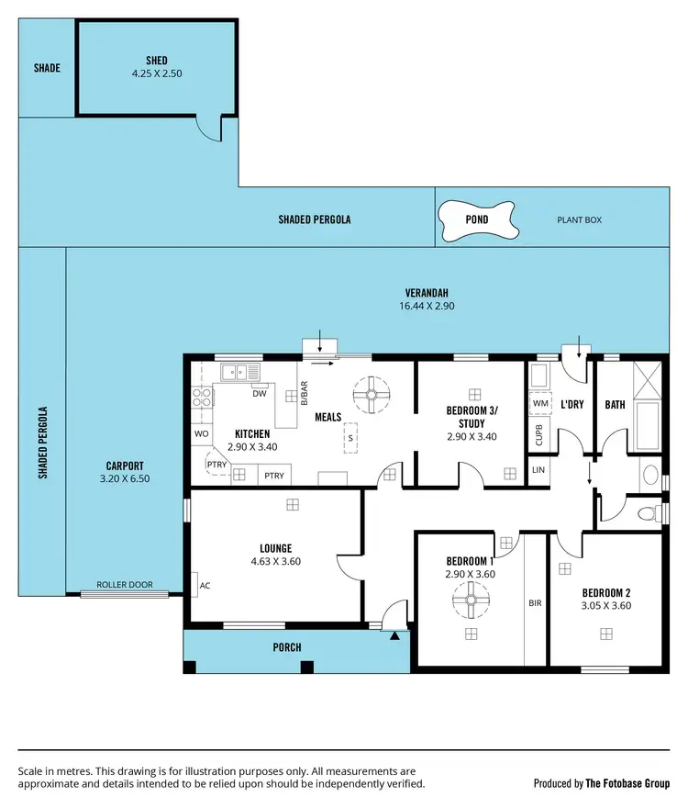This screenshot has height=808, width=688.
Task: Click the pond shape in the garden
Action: pos(476,219)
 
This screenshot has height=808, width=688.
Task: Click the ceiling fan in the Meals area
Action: pos(372,396)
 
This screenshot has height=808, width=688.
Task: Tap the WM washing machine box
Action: pos(540,403)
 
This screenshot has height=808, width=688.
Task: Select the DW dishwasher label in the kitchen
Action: pos(260,394)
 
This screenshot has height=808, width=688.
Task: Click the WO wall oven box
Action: pos(200,433)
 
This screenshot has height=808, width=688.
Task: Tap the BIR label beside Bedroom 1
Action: pos(535,605)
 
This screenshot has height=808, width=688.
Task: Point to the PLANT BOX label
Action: pos(579,220)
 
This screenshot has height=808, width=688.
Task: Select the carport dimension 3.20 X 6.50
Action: pos(124,478)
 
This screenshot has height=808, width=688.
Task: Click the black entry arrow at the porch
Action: pos(394,634)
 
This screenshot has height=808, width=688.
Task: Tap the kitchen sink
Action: pos(241,372)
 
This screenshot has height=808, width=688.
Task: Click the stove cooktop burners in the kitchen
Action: pos(202,398)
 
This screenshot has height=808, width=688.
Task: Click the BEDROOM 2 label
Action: pos(605,593)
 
